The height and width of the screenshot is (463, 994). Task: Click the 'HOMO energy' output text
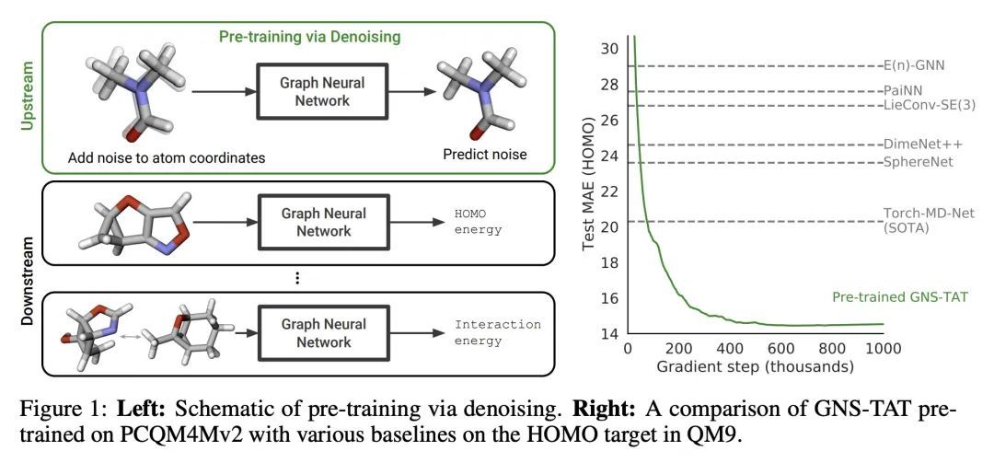pos(478,222)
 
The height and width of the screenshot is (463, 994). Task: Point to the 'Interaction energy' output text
pos(497,332)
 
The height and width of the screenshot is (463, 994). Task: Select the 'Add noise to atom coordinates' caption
pos(167,158)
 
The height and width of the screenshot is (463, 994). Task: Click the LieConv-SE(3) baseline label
pos(927,105)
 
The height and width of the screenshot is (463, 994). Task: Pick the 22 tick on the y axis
pos(609,191)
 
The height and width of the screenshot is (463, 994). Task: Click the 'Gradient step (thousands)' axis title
pos(755,365)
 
